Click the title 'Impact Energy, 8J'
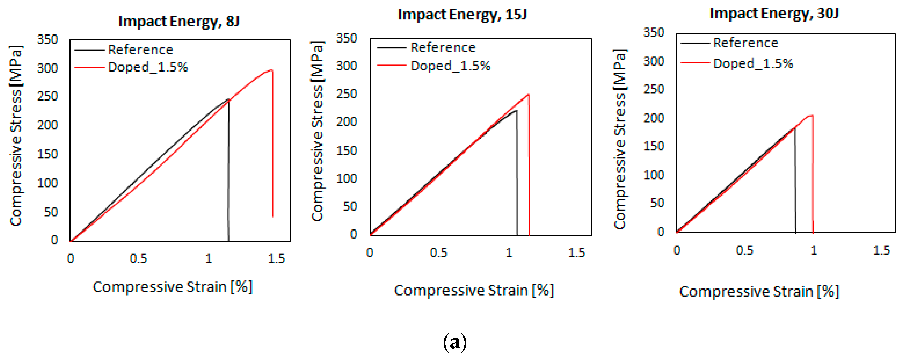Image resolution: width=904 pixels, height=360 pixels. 179,21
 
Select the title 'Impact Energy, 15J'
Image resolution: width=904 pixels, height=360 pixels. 462,15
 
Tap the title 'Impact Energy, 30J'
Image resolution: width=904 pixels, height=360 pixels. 774,14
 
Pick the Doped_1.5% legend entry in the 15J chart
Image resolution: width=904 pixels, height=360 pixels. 450,66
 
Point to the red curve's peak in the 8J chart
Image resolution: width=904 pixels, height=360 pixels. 271,70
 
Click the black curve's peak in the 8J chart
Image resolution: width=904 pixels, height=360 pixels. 228,99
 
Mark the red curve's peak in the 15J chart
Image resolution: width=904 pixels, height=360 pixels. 528,95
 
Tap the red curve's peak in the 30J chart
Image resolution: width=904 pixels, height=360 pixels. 811,115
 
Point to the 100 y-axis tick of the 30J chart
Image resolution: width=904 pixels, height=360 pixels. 653,175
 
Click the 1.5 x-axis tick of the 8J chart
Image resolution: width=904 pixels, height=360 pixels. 276,259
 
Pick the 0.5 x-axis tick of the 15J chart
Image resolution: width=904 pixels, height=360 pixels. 438,253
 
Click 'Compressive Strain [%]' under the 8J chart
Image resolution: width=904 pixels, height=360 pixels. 172,287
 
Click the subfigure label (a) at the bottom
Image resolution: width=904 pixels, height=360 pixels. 454,342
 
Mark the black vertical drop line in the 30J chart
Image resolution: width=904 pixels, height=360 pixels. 795,182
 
